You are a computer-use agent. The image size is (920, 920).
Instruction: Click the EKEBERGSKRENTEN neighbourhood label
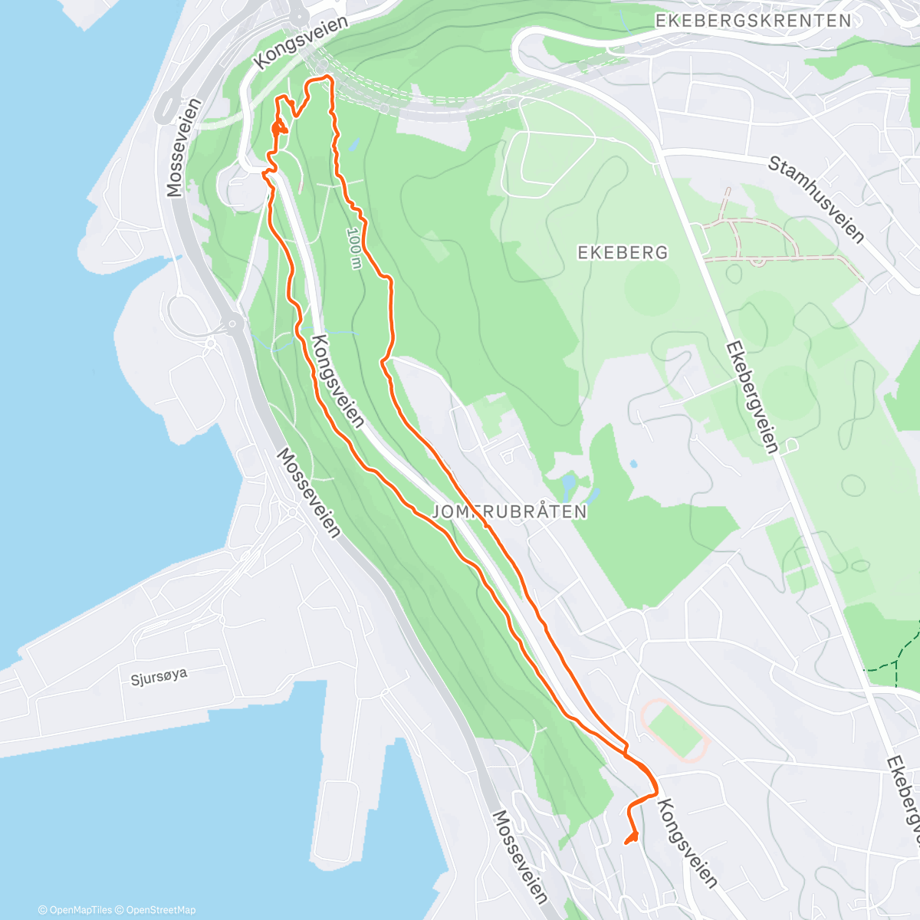point(754,21)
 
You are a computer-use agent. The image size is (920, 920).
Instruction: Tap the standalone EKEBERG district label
point(623,252)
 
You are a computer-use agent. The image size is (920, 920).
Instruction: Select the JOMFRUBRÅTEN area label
point(510,511)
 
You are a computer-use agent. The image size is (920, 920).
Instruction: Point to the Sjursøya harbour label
point(159,677)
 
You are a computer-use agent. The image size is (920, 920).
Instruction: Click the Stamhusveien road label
point(816,199)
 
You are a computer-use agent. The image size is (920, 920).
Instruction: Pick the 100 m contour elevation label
point(353,248)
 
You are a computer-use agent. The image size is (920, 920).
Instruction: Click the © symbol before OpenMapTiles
point(43,910)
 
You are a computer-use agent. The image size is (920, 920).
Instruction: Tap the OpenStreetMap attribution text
point(160,910)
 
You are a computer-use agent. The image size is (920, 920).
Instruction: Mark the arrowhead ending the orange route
point(632,836)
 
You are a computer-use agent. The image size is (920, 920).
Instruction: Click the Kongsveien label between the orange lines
point(338,380)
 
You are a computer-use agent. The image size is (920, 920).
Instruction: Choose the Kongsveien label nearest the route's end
point(687,843)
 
